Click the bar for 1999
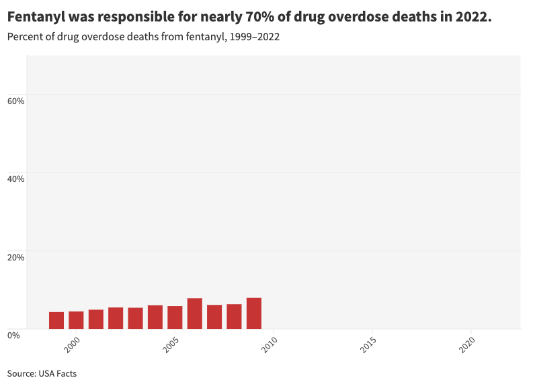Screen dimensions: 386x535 tap(56, 320)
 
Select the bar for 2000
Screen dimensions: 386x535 tap(76, 320)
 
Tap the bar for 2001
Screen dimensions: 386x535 tap(96, 320)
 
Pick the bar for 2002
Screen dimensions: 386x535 tap(116, 318)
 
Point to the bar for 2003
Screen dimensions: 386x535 tap(135, 318)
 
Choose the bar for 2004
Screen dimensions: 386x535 tap(155, 317)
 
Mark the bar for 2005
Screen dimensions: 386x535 tap(175, 318)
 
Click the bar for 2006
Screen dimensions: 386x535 tap(195, 313)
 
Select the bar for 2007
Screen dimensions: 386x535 tap(214, 317)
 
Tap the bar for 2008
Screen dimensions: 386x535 tap(234, 317)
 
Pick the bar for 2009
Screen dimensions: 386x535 tap(254, 313)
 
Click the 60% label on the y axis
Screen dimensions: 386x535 tap(16, 101)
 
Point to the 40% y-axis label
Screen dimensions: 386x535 tap(16, 179)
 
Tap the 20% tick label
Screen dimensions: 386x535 tap(16, 256)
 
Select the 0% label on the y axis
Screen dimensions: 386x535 tap(13, 334)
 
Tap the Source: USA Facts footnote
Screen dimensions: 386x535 tap(42, 373)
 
